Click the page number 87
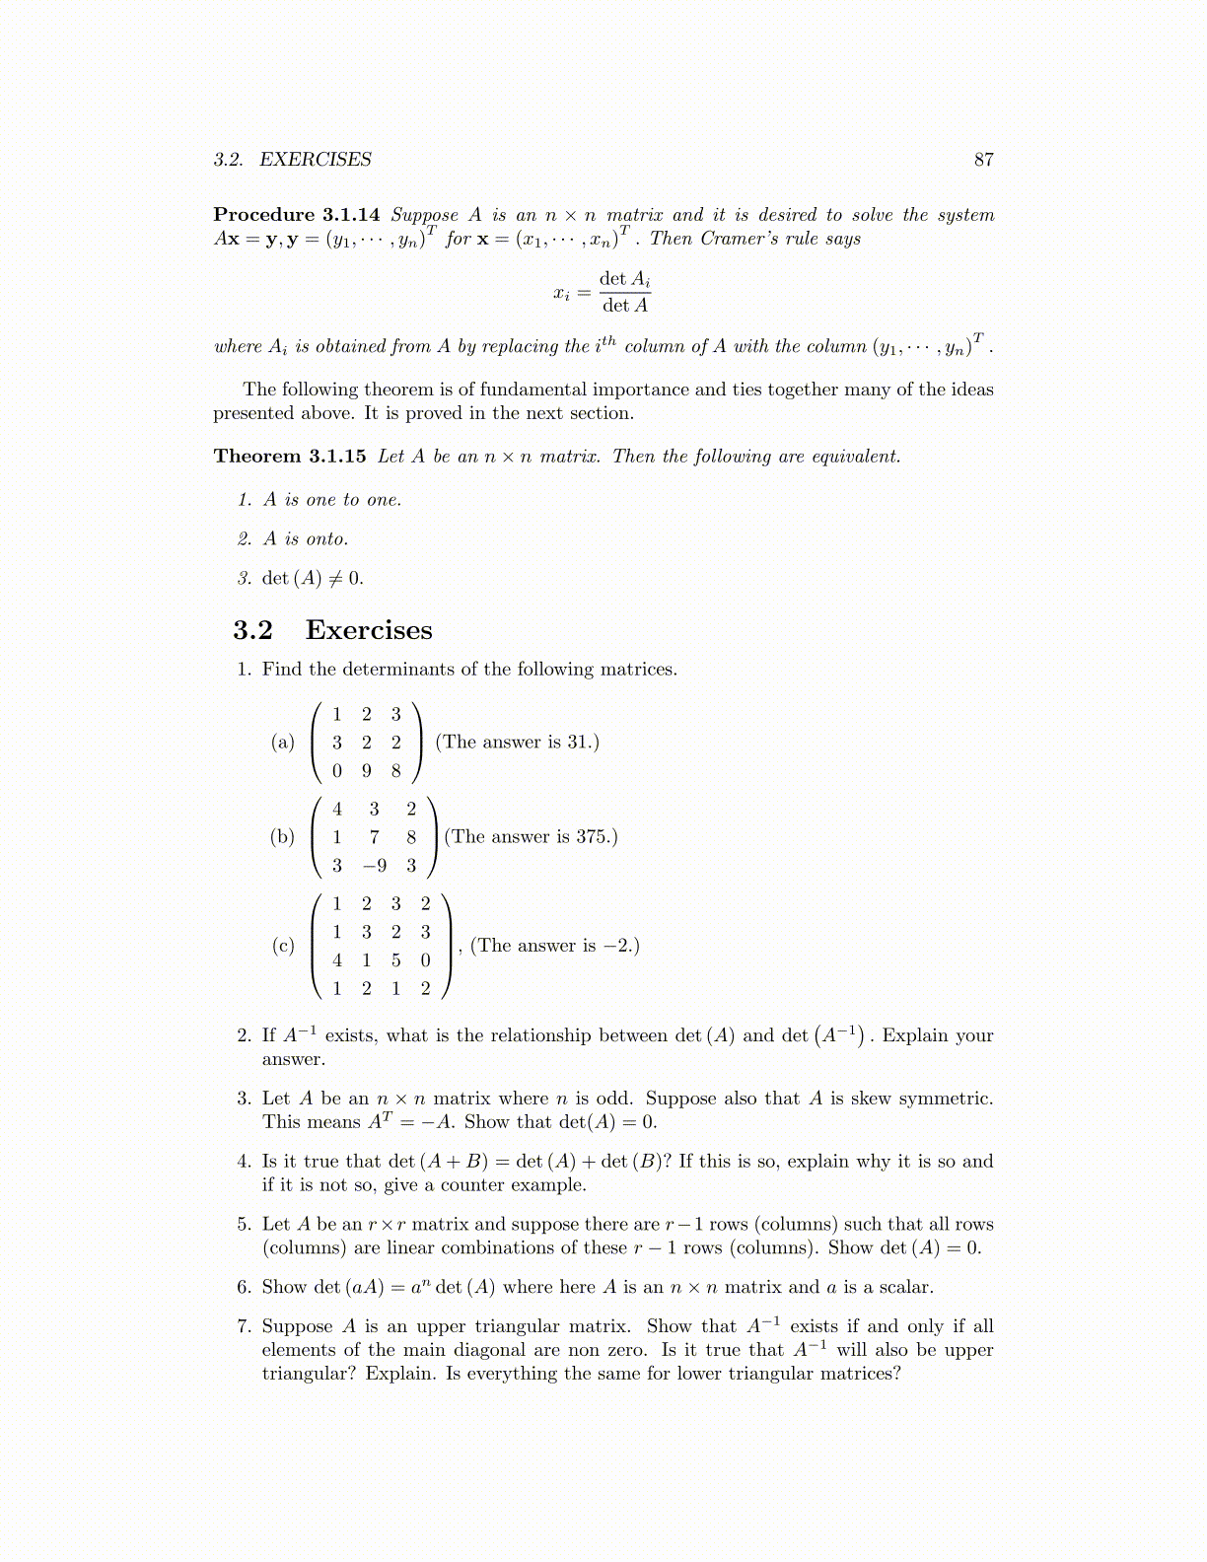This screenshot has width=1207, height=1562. (983, 160)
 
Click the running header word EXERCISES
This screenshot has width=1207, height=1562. (316, 160)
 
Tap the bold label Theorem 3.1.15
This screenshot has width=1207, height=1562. (289, 457)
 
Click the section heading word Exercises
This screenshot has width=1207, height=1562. (369, 630)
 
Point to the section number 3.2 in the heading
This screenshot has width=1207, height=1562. (252, 630)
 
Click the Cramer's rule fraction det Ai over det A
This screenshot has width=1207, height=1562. (625, 292)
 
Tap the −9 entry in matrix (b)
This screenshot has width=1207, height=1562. (374, 866)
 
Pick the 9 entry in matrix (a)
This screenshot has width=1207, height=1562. (367, 771)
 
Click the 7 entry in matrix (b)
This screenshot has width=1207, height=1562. (375, 837)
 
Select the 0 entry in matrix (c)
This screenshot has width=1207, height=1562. (426, 960)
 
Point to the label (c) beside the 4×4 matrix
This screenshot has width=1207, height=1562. (283, 946)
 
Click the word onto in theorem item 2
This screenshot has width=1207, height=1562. (326, 539)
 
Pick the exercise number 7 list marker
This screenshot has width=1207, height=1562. (244, 1327)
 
